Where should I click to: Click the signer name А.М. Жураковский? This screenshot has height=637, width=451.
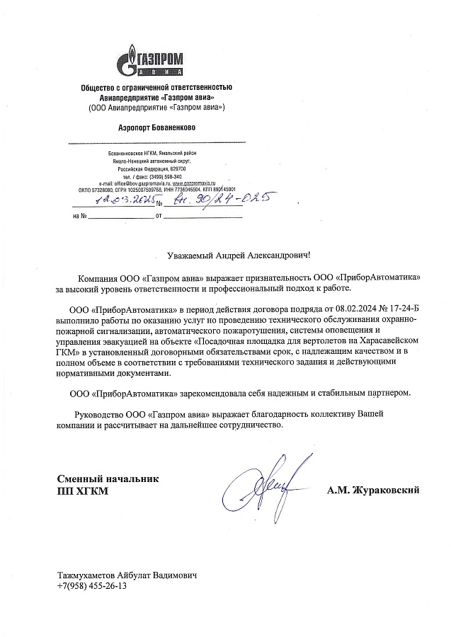pyautogui.click(x=374, y=489)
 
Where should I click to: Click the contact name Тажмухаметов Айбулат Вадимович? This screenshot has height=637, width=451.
pyautogui.click(x=126, y=575)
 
